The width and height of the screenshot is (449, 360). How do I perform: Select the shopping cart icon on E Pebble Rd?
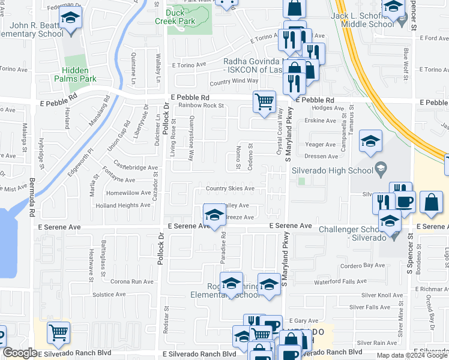264,101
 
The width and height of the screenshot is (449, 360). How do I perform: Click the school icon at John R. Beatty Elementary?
71,20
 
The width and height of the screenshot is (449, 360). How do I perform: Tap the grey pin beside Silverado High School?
379,169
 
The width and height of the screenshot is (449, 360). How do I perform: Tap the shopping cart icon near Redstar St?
58,332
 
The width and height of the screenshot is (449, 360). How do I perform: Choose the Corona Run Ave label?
132,281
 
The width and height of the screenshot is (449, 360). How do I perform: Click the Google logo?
20,353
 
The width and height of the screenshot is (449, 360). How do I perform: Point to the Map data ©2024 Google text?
411,355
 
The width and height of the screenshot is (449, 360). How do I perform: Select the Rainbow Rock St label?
200,106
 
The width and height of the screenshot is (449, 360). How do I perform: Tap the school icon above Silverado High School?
370,142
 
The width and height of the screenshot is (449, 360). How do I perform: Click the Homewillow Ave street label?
128,193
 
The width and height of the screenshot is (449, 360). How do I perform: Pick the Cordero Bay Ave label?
362,265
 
